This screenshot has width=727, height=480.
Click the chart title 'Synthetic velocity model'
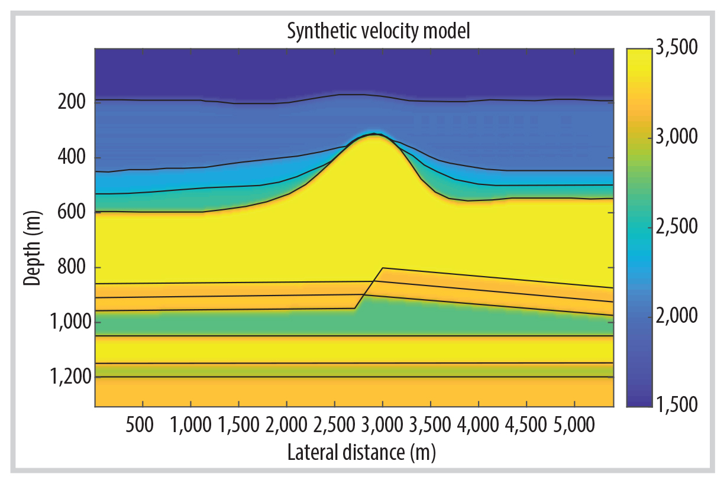point(378,31)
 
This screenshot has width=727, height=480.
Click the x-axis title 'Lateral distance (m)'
point(361,453)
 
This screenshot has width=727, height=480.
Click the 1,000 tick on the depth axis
point(67,322)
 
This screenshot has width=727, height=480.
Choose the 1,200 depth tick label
point(67,377)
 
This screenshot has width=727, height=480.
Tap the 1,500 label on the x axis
point(238,426)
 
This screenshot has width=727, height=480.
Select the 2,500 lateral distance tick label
point(335,426)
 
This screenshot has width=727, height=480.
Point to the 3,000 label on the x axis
point(383,426)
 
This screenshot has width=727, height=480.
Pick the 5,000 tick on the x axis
point(574,426)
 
